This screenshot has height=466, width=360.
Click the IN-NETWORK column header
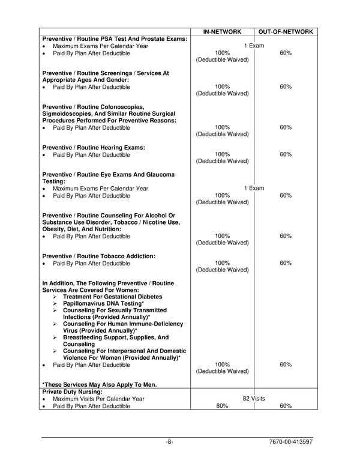click(222, 31)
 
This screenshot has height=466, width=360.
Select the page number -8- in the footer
click(170, 443)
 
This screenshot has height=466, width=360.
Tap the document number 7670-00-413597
click(292, 443)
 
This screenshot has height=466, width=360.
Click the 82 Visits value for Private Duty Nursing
click(254, 399)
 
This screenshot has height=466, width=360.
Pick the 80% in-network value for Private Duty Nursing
click(222, 407)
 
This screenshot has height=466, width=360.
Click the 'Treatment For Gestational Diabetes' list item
click(112, 297)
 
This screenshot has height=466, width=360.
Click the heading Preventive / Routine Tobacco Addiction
click(98, 256)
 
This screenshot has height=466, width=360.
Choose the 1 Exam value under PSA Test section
click(254, 46)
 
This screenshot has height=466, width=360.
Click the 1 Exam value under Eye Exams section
click(254, 189)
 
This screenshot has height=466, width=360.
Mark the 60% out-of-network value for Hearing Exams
click(286, 155)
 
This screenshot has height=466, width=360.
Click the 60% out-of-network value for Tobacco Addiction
click(286, 263)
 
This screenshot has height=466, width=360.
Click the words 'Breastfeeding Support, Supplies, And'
click(116, 337)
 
